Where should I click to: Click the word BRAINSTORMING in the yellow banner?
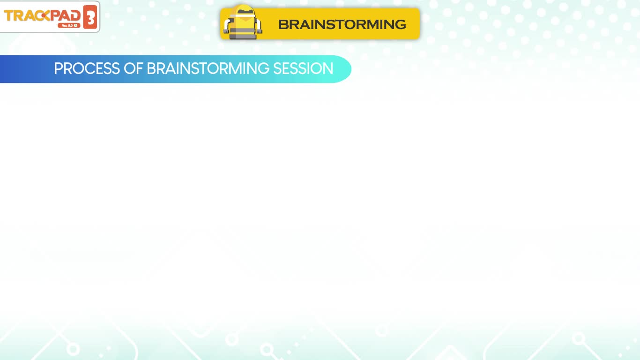point(342,24)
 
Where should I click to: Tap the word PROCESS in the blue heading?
point(87,68)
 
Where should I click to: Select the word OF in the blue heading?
point(133,68)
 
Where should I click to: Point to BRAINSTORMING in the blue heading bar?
point(208,68)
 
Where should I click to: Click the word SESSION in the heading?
point(303,68)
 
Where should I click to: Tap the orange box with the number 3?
point(90,17)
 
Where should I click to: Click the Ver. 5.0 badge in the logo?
point(69,25)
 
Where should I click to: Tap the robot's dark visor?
point(245,11)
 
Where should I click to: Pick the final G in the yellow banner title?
point(400,24)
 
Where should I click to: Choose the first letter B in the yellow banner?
point(284,24)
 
